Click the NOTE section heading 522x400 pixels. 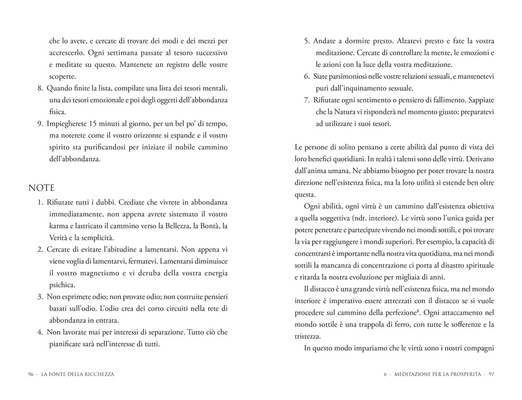41,187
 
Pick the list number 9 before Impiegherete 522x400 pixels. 40,123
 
